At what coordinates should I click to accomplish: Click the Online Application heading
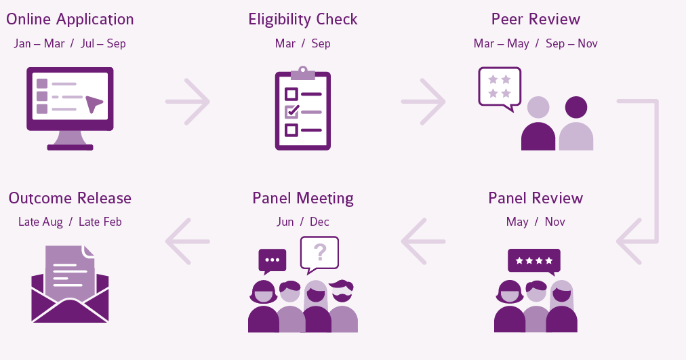70,19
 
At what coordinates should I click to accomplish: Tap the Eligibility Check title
303,19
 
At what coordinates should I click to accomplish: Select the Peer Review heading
536,19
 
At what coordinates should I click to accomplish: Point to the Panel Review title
536,198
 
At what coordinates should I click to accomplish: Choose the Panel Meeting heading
303,198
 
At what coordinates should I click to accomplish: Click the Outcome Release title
70,198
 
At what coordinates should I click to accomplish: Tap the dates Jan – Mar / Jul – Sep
70,43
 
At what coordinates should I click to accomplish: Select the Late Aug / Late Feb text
70,222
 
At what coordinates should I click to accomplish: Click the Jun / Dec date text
303,222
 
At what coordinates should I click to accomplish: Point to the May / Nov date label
536,222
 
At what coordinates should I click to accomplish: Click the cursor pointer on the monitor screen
94,104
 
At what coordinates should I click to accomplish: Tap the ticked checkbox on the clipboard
291,111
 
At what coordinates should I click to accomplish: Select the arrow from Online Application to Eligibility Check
188,102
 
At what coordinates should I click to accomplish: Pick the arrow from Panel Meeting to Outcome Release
188,241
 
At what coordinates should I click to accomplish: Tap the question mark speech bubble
319,253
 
